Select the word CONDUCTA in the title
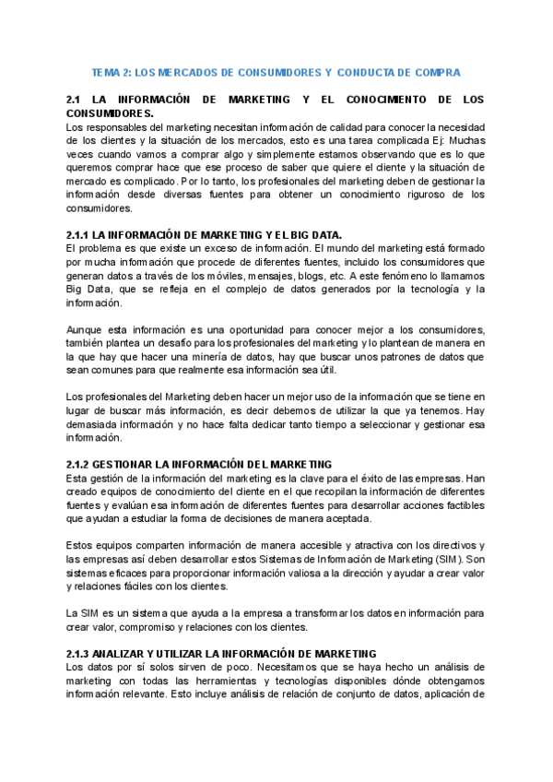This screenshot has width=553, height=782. click(x=371, y=72)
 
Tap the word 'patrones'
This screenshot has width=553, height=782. click(x=399, y=357)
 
